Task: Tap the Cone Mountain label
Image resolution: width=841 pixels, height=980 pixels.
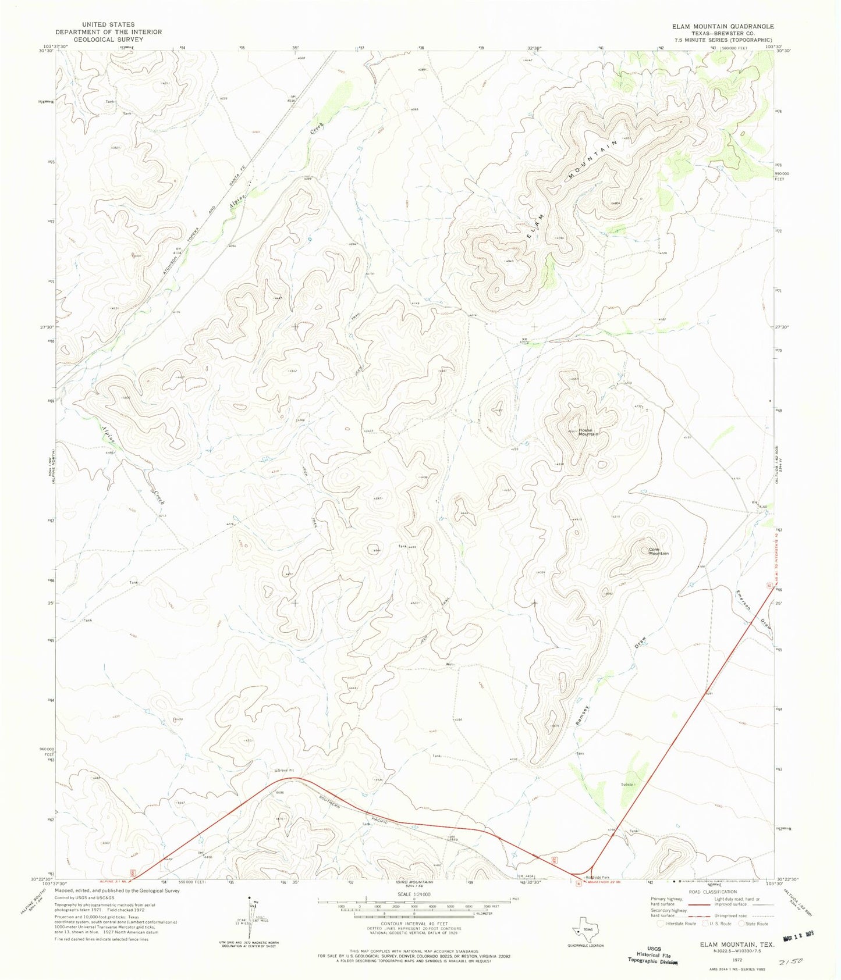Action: pyautogui.click(x=658, y=551)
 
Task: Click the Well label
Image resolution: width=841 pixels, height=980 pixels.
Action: pyautogui.click(x=449, y=664)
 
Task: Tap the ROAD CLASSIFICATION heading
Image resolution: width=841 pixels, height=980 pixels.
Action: pyautogui.click(x=712, y=892)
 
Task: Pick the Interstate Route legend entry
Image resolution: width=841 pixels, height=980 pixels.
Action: pyautogui.click(x=676, y=924)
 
